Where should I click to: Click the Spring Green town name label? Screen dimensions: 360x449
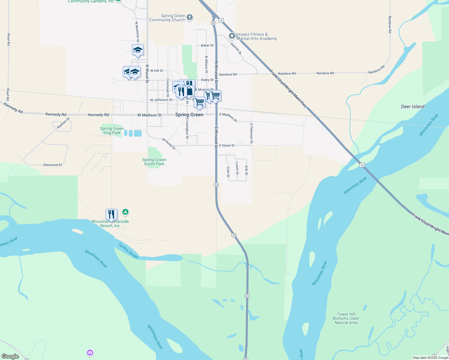(x=189, y=115)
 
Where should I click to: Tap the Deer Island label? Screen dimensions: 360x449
(x=412, y=106)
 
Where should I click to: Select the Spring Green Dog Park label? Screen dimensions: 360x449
(x=112, y=130)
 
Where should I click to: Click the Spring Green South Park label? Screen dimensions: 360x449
(x=154, y=162)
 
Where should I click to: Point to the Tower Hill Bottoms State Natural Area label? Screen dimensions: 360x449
(x=346, y=318)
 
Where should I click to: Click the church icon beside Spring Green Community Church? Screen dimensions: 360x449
(x=190, y=17)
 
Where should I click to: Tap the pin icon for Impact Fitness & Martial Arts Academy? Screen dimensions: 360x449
(x=232, y=36)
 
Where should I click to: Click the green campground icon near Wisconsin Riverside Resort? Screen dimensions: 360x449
(x=125, y=212)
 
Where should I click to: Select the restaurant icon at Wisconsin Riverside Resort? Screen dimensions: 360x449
(x=111, y=214)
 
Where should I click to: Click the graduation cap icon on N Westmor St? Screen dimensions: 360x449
(x=138, y=50)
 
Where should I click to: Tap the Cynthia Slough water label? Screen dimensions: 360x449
(x=128, y=251)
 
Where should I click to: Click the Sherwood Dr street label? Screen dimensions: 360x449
(x=53, y=165)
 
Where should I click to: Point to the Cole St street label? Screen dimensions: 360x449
(x=228, y=172)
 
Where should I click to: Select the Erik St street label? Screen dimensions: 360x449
(x=246, y=170)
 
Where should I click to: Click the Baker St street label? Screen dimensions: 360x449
(x=207, y=45)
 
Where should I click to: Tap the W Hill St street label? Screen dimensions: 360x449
(x=157, y=71)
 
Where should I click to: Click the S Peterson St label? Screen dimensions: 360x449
(x=252, y=133)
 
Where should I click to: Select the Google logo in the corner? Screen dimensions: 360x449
(x=10, y=356)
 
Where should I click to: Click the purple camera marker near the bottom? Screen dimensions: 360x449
(x=90, y=352)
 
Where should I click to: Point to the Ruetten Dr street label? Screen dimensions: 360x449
(x=63, y=123)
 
